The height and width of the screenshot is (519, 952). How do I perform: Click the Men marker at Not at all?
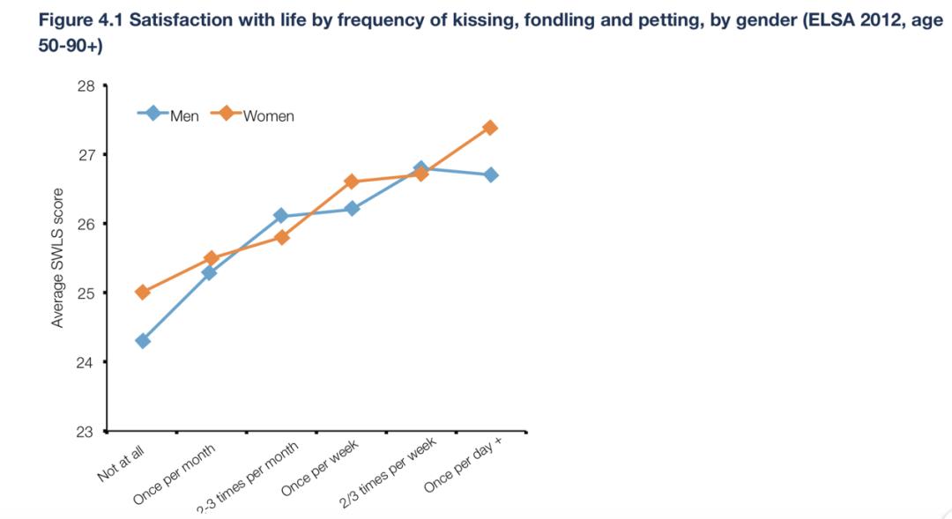(143, 341)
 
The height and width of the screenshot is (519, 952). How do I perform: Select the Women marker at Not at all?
(143, 292)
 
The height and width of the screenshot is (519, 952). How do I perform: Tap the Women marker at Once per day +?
(490, 128)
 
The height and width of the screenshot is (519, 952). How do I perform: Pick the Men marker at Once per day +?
(490, 175)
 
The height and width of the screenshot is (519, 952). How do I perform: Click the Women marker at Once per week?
(351, 182)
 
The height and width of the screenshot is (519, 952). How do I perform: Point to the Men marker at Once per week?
(351, 209)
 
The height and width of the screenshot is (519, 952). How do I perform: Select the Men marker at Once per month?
(210, 272)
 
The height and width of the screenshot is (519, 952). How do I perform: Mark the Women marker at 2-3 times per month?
(282, 237)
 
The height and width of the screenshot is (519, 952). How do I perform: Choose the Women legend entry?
(255, 115)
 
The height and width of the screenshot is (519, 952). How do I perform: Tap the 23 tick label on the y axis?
(86, 431)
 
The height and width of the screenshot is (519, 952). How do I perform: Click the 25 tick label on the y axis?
(86, 293)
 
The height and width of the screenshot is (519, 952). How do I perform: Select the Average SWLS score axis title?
(57, 258)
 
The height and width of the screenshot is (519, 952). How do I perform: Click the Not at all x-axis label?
(122, 463)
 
